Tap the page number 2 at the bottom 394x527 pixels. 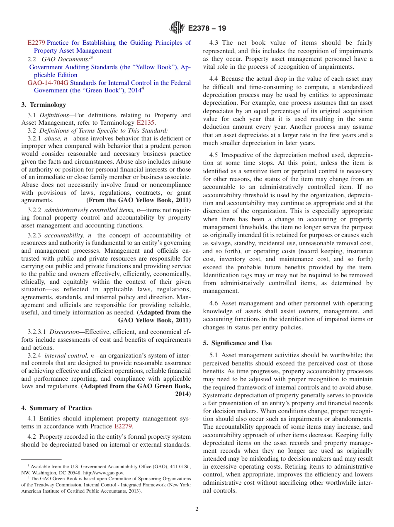[x=197, y=509]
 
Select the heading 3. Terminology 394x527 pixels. [x=44, y=105]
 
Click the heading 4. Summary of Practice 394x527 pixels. [x=56, y=408]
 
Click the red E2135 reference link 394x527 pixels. [x=145, y=123]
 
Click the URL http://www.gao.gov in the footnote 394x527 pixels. [x=104, y=472]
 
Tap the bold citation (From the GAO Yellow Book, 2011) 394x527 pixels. [x=139, y=200]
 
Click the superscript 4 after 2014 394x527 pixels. [x=143, y=88]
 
